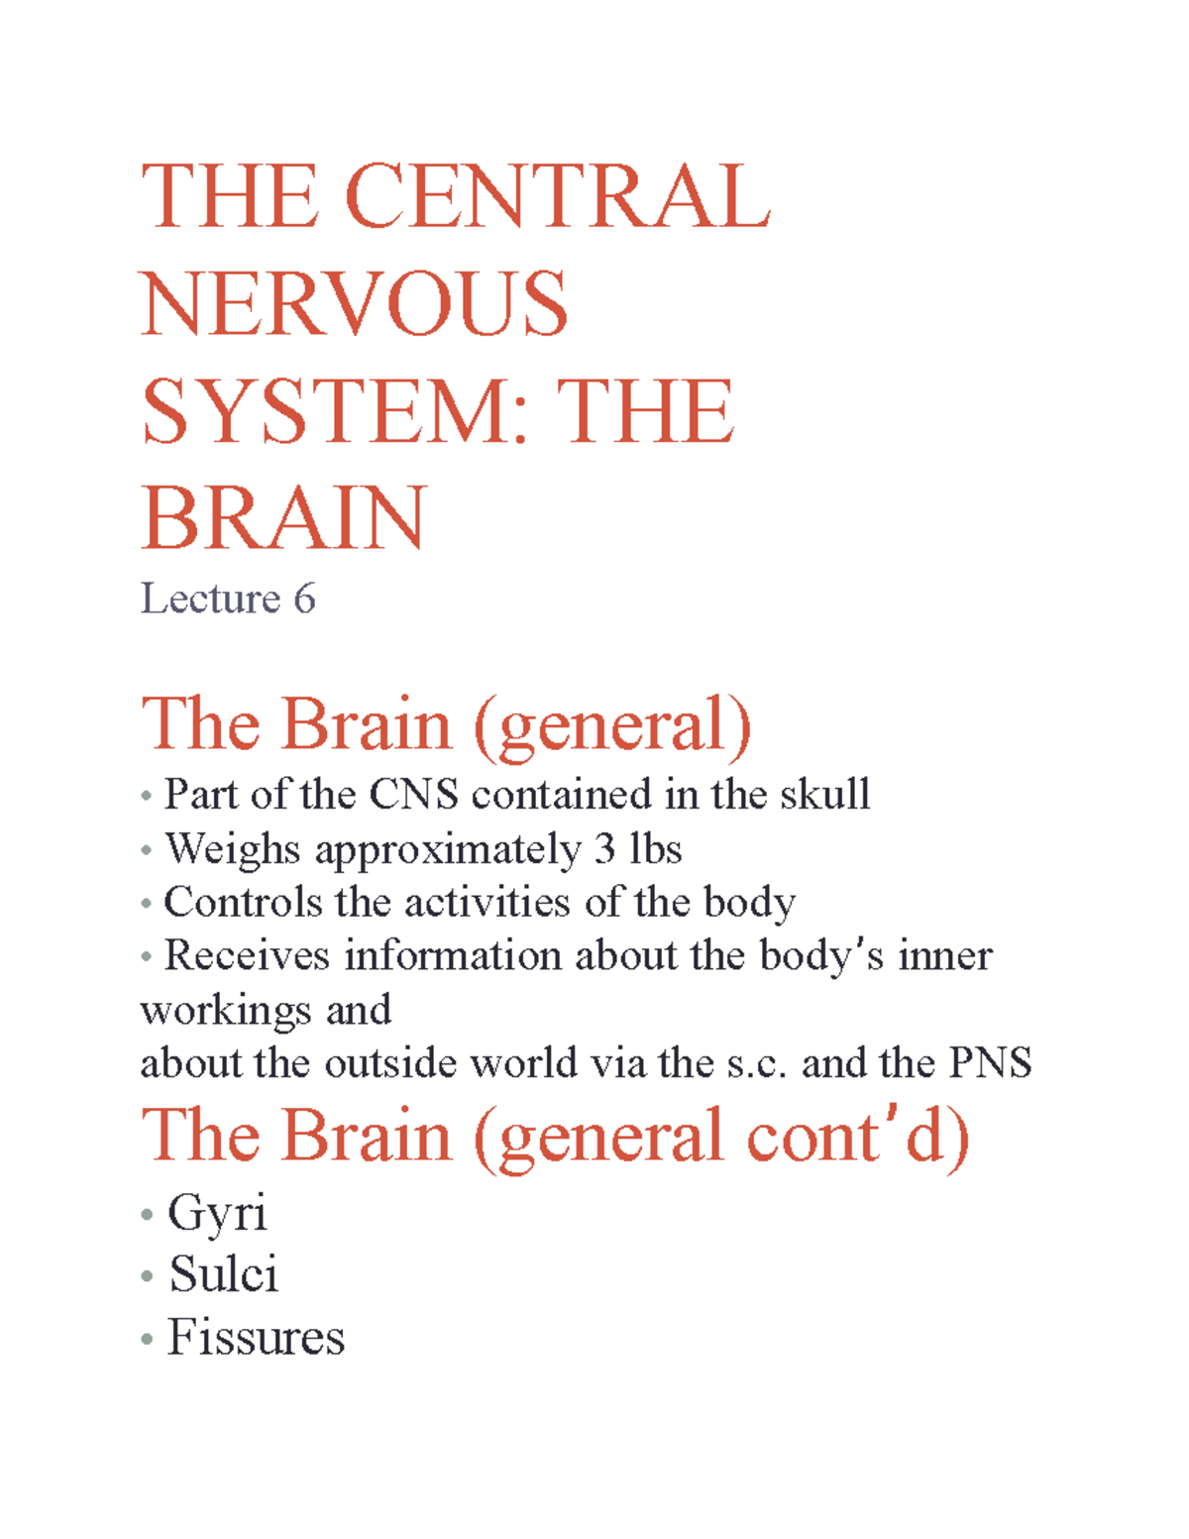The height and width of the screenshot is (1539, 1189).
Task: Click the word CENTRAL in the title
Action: pyautogui.click(x=557, y=197)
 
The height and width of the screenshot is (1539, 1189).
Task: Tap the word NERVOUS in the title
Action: pyautogui.click(x=355, y=304)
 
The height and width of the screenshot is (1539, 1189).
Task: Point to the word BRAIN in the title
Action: pyautogui.click(x=284, y=518)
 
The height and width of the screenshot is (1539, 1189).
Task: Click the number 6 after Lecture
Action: pyautogui.click(x=304, y=599)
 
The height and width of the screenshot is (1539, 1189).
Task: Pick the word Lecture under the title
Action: pyautogui.click(x=210, y=599)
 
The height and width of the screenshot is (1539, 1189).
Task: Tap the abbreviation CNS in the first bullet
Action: pyautogui.click(x=413, y=795)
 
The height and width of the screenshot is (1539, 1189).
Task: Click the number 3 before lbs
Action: pyautogui.click(x=604, y=849)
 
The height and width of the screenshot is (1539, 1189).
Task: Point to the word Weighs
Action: pyautogui.click(x=232, y=849)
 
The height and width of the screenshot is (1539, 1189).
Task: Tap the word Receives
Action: pyautogui.click(x=246, y=956)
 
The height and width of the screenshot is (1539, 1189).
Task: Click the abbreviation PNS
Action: pyautogui.click(x=991, y=1063)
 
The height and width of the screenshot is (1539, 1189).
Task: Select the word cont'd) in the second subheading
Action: pyautogui.click(x=857, y=1137)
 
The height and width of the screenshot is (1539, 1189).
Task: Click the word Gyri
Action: pyautogui.click(x=217, y=1213)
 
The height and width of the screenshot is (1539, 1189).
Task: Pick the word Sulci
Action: pyautogui.click(x=223, y=1274)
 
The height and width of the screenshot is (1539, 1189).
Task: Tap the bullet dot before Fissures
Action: pyautogui.click(x=147, y=1340)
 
